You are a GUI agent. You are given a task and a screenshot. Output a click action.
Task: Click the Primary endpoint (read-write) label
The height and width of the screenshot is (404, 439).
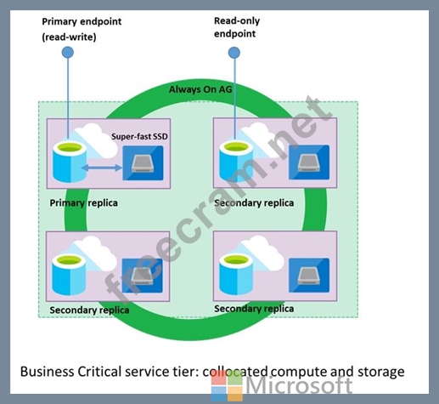[82, 29]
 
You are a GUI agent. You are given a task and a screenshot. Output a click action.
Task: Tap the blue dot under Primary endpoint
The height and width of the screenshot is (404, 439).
[68, 52]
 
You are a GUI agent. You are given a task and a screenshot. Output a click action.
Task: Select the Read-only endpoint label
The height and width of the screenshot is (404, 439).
[237, 27]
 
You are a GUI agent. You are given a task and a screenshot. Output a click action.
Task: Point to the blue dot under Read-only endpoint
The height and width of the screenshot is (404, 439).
[234, 53]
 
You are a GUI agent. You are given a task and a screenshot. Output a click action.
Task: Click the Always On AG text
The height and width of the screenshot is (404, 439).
[200, 89]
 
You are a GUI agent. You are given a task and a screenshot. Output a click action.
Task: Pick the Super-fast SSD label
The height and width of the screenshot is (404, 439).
[139, 136]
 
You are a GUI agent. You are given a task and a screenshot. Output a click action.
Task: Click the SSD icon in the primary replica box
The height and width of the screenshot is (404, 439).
[143, 163]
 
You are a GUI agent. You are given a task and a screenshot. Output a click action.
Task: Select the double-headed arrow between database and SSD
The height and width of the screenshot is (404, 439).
[102, 168]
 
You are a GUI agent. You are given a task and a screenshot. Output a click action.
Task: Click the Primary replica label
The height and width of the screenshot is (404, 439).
[83, 203]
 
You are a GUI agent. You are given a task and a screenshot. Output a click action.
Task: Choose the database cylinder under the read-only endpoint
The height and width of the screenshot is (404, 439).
[236, 161]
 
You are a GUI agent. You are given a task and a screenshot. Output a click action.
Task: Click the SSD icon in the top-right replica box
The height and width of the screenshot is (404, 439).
[309, 162]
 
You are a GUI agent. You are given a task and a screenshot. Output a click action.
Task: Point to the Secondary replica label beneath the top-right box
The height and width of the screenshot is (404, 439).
[254, 203]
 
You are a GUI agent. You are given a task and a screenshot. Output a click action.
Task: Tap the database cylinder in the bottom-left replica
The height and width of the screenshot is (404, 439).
[69, 274]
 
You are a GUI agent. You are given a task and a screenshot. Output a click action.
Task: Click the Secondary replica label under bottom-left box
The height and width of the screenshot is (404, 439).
[89, 310]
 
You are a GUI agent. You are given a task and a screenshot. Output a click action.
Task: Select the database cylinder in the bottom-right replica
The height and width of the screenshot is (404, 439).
[236, 274]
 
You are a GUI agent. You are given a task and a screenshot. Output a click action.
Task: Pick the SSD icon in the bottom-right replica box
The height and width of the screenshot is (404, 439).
[309, 275]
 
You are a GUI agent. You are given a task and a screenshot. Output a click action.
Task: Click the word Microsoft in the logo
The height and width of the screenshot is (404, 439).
[300, 385]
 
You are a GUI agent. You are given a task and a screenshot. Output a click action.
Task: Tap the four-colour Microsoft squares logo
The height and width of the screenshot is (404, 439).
[227, 386]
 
